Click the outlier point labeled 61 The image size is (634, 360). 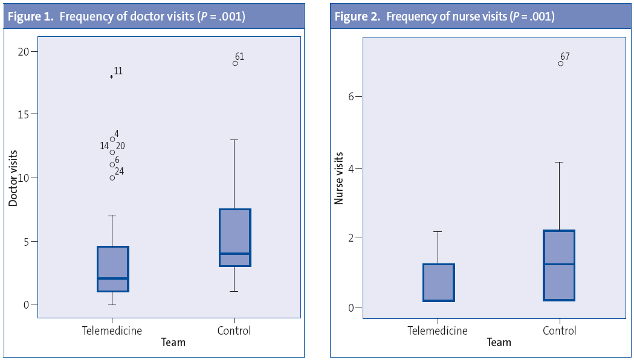click(235, 63)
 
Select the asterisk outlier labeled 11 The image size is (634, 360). click(112, 77)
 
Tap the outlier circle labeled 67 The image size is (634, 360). click(560, 63)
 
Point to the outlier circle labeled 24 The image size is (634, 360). click(112, 178)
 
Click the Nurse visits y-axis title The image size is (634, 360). click(339, 178)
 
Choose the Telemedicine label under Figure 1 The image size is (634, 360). click(112, 330)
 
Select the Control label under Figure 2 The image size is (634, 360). click(559, 330)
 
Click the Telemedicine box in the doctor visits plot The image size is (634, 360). click(113, 269)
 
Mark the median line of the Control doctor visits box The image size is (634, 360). click(235, 254)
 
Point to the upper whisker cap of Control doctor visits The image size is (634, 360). click(235, 140)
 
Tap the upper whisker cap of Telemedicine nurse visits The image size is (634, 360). click(439, 231)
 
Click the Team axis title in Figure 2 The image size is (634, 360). click(499, 342)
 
